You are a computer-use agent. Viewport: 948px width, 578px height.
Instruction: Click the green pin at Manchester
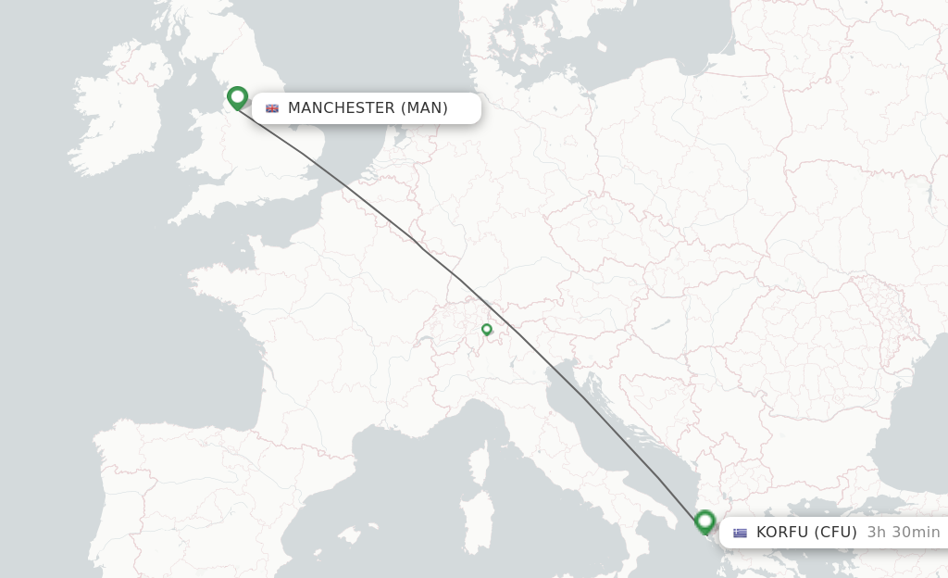[237, 96]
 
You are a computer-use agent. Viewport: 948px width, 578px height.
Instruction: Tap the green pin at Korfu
[705, 521]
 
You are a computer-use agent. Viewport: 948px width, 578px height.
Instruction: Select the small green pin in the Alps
[486, 329]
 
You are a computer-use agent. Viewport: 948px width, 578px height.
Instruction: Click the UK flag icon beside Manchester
[272, 108]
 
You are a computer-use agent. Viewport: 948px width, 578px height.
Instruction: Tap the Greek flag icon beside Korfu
[740, 533]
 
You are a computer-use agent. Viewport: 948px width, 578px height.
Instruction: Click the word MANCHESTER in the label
[341, 108]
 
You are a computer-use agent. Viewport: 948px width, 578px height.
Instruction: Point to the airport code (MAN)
[424, 108]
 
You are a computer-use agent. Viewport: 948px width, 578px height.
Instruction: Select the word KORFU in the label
[782, 533]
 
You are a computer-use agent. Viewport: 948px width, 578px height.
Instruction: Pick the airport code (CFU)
[836, 533]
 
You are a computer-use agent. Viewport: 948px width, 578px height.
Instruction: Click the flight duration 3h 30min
[904, 533]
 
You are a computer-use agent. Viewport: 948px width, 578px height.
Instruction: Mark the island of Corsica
[479, 462]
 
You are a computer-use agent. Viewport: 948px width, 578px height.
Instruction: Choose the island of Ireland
[116, 107]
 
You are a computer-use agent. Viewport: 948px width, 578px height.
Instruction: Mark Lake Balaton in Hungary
[659, 326]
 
